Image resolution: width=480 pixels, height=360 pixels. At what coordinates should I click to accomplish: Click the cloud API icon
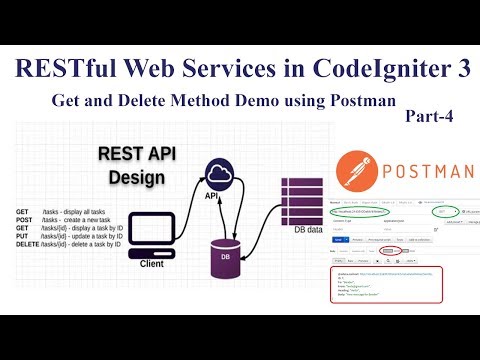pos(219,175)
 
